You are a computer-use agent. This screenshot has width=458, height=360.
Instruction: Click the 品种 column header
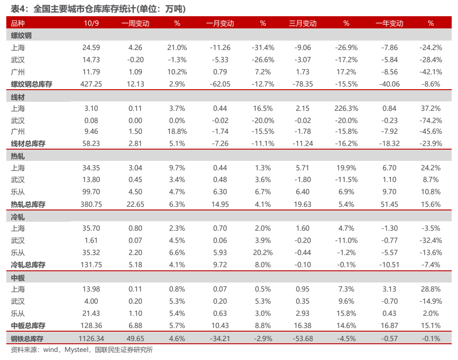18,23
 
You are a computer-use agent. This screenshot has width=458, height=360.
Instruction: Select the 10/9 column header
91,23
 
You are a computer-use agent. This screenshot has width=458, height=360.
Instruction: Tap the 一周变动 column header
135,23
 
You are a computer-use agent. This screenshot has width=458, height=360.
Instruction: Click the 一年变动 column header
389,23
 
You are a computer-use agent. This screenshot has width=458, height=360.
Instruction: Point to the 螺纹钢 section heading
21,36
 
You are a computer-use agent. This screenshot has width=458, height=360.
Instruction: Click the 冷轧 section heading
18,217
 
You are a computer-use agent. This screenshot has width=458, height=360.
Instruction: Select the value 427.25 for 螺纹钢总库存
91,84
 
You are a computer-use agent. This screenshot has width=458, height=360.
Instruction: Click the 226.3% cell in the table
346,108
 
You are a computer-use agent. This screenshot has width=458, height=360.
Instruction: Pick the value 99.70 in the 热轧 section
91,192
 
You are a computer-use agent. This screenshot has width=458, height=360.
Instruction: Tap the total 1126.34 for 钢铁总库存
91,339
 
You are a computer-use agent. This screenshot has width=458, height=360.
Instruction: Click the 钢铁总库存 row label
27,339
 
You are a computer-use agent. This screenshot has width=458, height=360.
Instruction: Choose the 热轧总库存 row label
28,205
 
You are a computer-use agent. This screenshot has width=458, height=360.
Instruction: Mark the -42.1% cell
431,72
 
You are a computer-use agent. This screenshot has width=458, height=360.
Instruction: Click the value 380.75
91,205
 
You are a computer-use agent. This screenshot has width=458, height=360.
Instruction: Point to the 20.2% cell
263,253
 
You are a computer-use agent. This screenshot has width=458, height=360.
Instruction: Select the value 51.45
389,205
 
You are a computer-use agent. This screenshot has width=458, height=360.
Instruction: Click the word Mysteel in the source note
76,350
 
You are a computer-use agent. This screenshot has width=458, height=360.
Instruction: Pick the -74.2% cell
431,121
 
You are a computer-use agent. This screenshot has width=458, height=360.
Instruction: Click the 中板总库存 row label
28,326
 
